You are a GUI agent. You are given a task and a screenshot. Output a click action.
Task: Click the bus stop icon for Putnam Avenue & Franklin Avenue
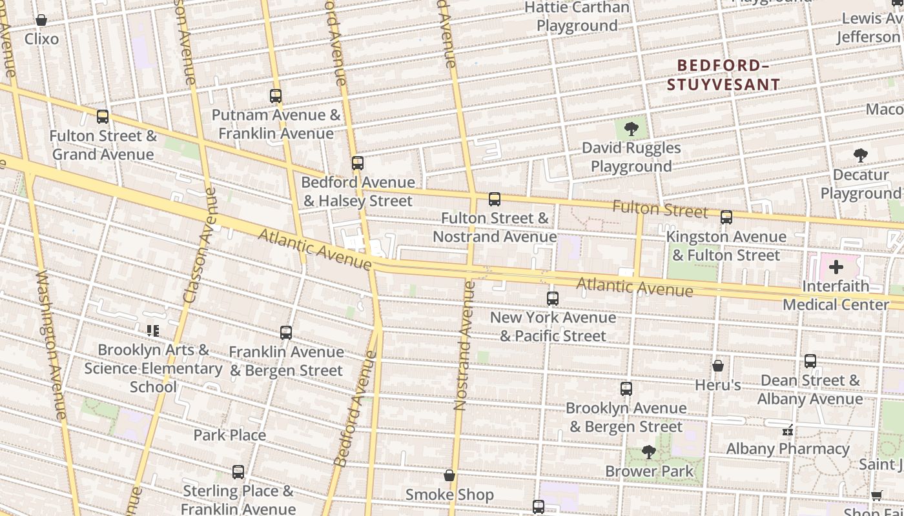(x=276, y=96)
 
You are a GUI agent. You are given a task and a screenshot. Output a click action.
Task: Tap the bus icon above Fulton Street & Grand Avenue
(x=103, y=117)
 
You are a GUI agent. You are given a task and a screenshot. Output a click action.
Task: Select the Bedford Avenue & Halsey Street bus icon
(x=358, y=163)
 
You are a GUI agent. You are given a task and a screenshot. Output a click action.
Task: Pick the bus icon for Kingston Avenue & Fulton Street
(x=726, y=217)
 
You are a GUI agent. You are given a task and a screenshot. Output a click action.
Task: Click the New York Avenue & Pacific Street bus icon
(x=553, y=298)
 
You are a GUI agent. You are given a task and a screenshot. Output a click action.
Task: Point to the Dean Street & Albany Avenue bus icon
(x=810, y=361)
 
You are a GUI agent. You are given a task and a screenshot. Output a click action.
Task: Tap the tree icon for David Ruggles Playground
(x=632, y=129)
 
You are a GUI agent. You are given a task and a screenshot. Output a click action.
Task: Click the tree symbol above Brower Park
(x=649, y=452)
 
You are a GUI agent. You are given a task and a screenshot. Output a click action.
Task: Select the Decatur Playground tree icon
(x=860, y=155)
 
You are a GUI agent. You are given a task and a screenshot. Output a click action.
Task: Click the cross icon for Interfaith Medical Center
(x=836, y=267)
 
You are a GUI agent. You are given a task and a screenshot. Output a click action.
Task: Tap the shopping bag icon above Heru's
(x=718, y=366)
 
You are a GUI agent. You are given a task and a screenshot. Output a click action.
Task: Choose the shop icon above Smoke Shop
(x=449, y=476)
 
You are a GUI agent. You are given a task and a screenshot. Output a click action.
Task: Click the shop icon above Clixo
(x=41, y=20)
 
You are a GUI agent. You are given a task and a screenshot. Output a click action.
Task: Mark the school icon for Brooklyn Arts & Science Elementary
(x=153, y=331)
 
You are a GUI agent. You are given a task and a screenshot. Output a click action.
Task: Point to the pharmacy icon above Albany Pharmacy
(x=787, y=430)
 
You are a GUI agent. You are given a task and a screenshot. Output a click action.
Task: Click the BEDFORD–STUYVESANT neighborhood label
(x=723, y=75)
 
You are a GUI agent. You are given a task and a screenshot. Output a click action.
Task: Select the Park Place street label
(x=230, y=435)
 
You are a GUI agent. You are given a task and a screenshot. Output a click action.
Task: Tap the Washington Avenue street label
(x=52, y=345)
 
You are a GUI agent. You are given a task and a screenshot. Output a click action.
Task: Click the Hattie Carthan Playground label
(x=577, y=17)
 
